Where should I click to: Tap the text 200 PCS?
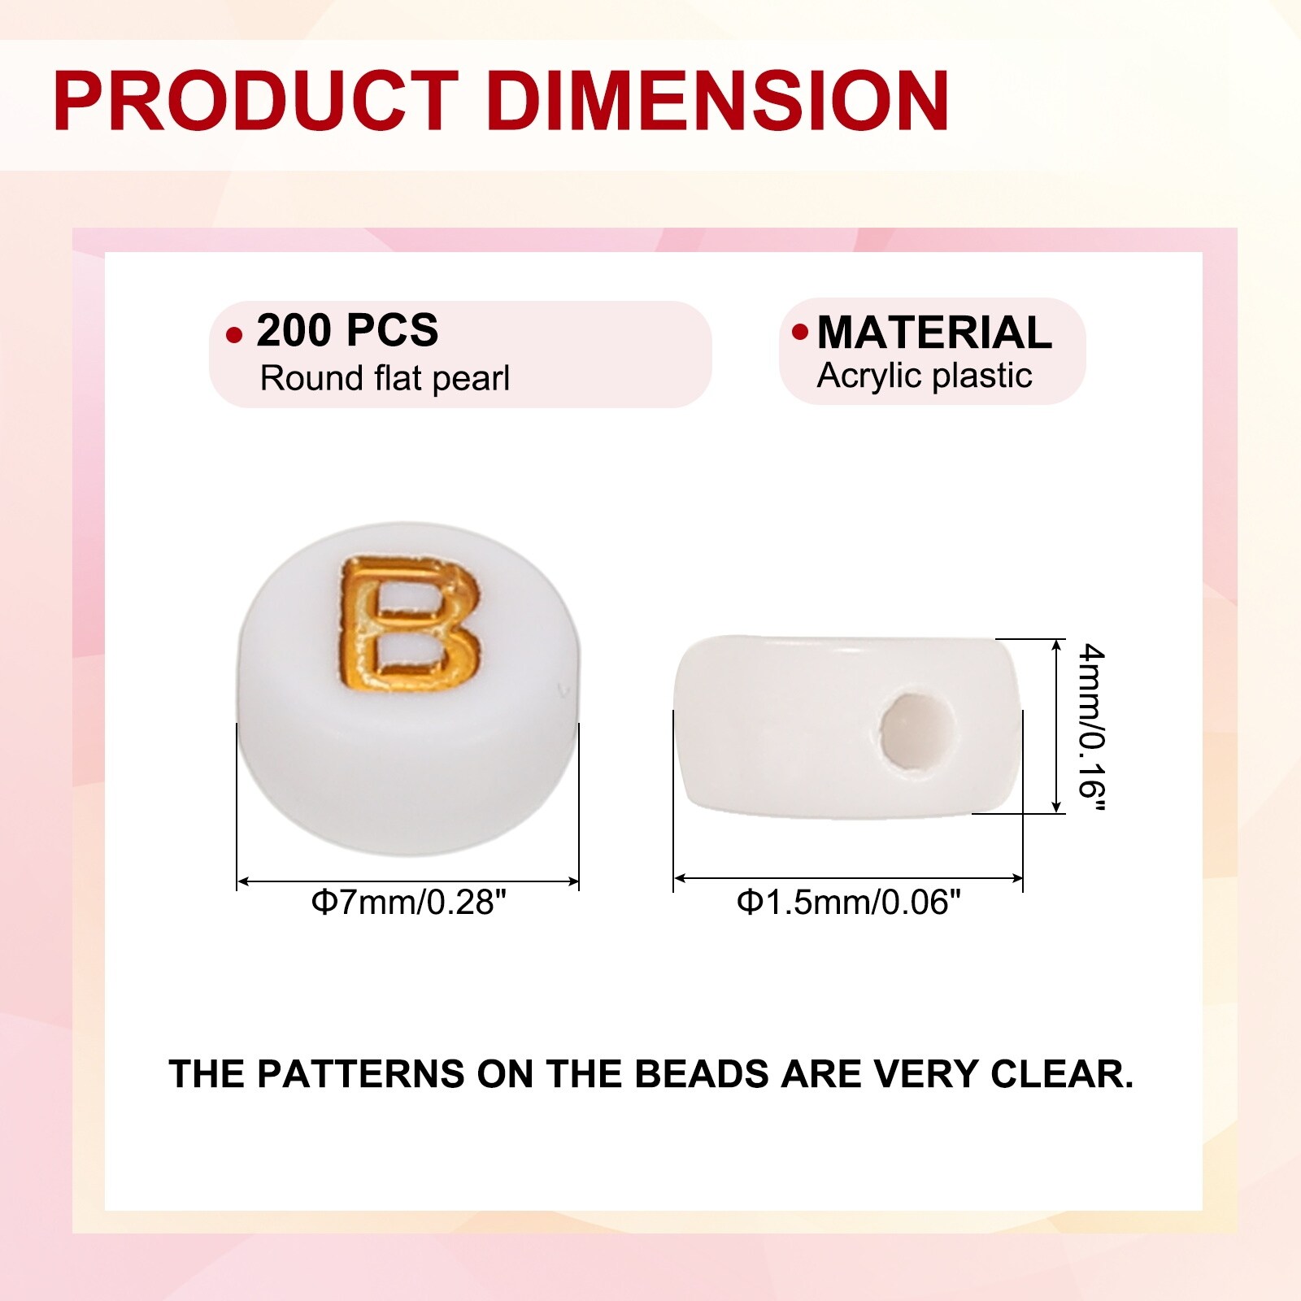click(347, 330)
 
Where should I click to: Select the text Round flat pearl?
click(385, 378)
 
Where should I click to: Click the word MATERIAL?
click(934, 332)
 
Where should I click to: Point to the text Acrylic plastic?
click(925, 376)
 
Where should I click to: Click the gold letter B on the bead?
click(409, 622)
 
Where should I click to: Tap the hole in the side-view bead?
click(916, 729)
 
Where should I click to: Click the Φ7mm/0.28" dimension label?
click(409, 902)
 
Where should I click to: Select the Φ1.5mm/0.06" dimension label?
click(849, 902)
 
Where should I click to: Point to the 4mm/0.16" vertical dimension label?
click(1090, 728)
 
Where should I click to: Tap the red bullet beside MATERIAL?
click(800, 332)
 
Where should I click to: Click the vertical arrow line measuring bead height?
click(1057, 725)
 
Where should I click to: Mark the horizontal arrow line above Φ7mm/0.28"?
click(407, 881)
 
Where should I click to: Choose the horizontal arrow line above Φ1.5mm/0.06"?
click(848, 878)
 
